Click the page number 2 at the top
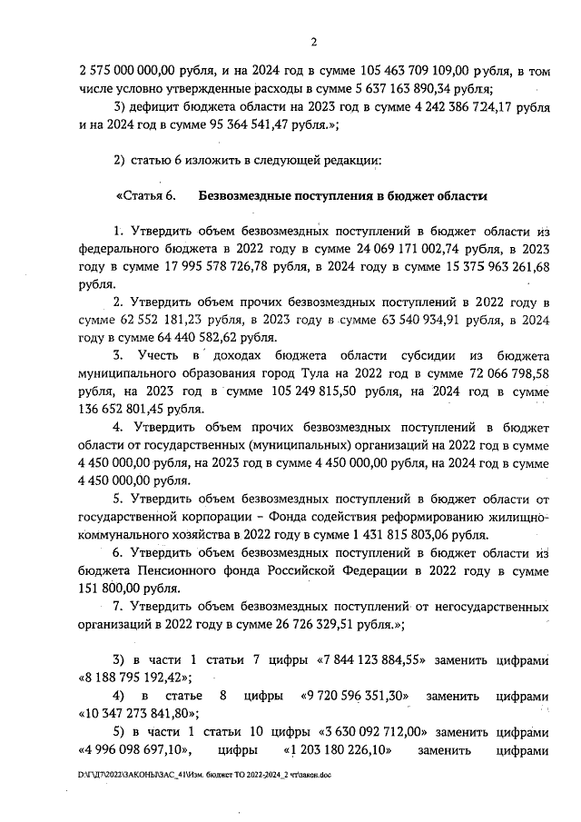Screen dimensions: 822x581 pyautogui.click(x=312, y=41)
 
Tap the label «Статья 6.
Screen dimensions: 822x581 pyautogui.click(x=143, y=195)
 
